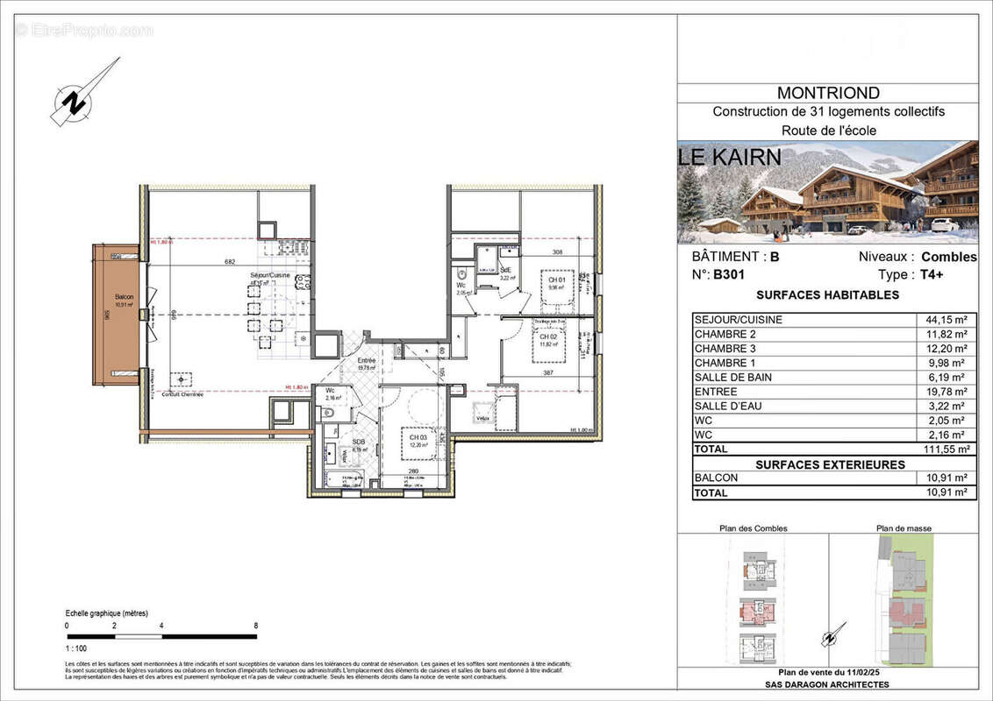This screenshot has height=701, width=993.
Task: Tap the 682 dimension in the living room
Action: [231, 261]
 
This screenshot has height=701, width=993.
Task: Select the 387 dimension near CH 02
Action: [548, 373]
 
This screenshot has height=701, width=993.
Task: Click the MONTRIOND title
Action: [828, 93]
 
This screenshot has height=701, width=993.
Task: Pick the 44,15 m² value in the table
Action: [944, 320]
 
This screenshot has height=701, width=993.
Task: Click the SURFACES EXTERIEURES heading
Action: [828, 464]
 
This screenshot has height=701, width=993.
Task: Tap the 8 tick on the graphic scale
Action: [255, 627]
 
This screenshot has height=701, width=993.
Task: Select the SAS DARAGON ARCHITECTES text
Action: [828, 684]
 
